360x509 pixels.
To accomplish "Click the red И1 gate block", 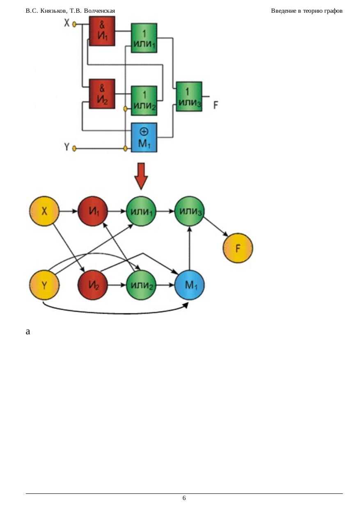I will click(102, 32).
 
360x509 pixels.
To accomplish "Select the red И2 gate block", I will click(102, 94).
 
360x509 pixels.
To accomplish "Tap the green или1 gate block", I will click(144, 38).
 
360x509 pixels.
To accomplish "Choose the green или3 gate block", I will click(189, 96).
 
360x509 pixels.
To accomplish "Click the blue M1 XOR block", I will click(144, 137).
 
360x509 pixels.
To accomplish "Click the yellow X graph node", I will click(44, 212).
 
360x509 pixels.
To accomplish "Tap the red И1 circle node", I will click(93, 212).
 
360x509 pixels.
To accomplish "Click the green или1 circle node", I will click(141, 212).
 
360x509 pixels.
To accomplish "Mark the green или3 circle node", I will click(190, 212).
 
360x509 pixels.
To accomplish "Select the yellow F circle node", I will click(238, 248).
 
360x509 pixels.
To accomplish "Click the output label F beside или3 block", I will click(216, 105).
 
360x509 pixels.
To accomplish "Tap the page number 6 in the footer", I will click(184, 498).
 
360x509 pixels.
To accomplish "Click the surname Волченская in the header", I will click(99, 11).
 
